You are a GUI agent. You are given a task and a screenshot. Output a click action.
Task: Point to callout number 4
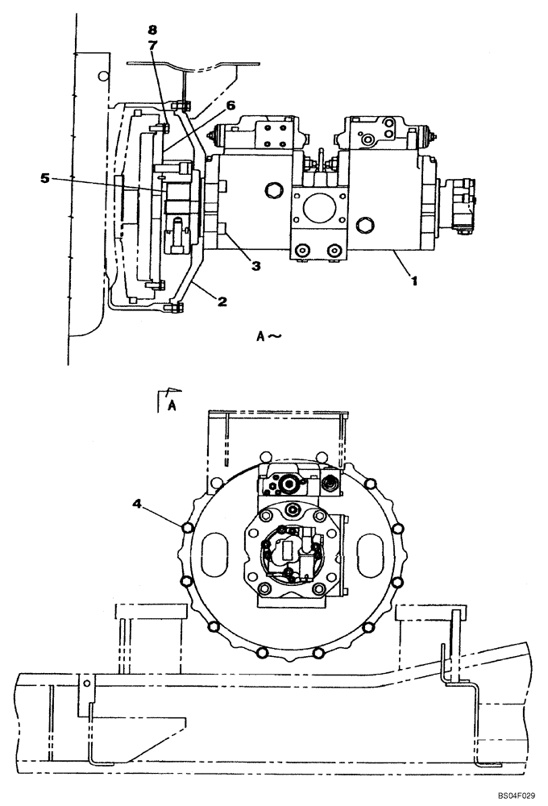(138, 505)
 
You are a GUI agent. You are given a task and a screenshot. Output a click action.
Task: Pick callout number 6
(207, 106)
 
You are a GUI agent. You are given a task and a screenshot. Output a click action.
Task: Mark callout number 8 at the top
(152, 30)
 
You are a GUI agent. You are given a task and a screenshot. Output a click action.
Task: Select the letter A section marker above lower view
(171, 406)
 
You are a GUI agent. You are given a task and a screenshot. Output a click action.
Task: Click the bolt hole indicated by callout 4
(187, 528)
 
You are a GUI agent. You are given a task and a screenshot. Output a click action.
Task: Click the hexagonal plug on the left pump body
(272, 190)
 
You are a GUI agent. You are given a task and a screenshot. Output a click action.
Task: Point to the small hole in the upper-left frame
(102, 77)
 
